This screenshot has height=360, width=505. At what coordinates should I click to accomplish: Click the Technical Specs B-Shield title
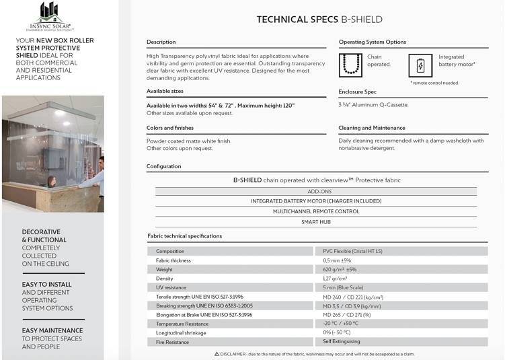point(319,20)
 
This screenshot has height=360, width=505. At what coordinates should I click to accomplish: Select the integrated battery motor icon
point(420,65)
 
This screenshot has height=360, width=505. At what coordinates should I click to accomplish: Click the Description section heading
point(161,42)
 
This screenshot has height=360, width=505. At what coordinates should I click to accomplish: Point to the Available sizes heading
point(165,91)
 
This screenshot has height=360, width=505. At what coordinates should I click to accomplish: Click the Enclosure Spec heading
point(358,92)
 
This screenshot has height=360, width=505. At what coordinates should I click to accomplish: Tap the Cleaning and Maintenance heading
point(372,128)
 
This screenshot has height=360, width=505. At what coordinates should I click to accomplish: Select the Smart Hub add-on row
point(316,221)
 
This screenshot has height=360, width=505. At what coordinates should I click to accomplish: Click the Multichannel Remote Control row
point(316,211)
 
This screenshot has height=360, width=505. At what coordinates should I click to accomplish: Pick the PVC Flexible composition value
point(353,251)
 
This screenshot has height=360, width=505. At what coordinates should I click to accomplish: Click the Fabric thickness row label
point(173,260)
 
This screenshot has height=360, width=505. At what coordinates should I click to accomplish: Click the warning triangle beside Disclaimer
point(217,353)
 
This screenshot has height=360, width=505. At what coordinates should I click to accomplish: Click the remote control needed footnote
point(434,83)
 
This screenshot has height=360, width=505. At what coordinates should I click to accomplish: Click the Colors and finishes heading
point(170,128)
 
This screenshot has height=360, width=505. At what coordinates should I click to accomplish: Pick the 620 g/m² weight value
point(340,269)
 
